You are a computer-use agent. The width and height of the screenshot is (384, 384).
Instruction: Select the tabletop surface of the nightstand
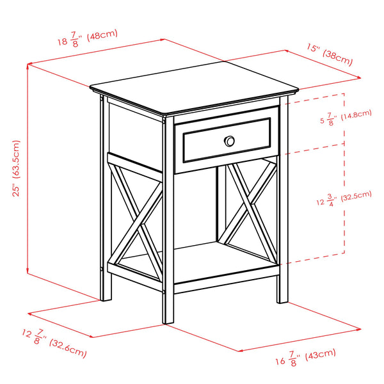[192, 86]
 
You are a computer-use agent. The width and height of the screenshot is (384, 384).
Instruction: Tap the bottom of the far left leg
[107, 297]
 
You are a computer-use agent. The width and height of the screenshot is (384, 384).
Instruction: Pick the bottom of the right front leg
[282, 300]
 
